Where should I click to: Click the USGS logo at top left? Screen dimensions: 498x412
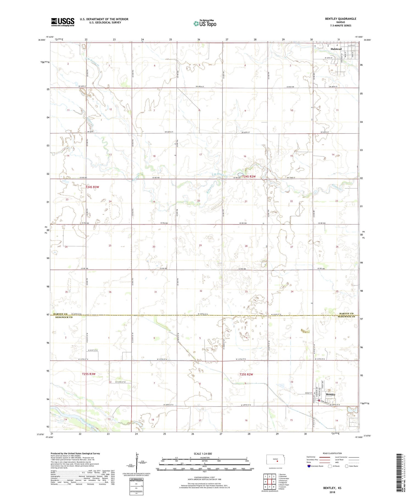click(x=63, y=22)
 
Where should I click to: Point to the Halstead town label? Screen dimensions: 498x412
click(x=336, y=49)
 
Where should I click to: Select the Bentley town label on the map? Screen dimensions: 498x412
click(x=330, y=394)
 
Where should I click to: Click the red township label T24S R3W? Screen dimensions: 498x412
click(x=92, y=187)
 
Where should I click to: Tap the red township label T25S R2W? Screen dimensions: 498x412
click(x=246, y=374)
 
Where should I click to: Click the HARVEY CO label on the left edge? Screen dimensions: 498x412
click(x=60, y=314)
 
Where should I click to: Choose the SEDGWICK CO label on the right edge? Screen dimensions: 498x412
click(x=346, y=317)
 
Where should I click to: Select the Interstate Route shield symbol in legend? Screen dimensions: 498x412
click(x=309, y=466)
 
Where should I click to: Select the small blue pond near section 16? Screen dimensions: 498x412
click(x=240, y=174)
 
